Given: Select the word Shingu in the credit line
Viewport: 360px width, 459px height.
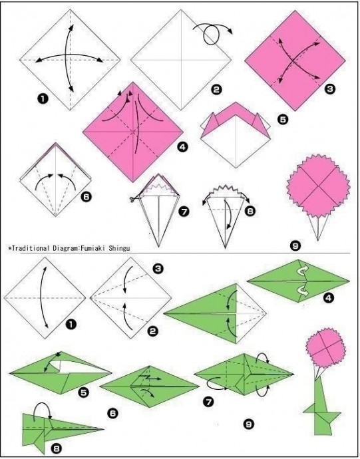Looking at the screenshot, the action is click(119, 248).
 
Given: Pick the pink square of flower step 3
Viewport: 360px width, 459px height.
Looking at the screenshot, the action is click(295, 61).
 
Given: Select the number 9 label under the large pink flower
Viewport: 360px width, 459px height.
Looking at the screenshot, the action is click(295, 246).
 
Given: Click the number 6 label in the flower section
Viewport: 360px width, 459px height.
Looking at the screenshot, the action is click(86, 197).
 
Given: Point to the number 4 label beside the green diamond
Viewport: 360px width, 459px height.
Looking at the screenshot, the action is click(328, 298).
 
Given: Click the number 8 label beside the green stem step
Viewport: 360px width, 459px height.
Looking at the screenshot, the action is click(57, 448).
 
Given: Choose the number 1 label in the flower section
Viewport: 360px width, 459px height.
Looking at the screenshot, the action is click(42, 99).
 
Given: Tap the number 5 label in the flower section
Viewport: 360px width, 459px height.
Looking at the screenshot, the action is click(282, 119).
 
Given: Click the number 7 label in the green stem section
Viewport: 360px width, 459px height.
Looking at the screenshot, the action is click(208, 402).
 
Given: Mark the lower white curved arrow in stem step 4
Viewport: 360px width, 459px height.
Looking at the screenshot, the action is click(302, 291).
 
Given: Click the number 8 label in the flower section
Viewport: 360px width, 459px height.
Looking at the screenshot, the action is click(250, 211).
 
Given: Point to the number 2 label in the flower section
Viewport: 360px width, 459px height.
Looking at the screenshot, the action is click(216, 90).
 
